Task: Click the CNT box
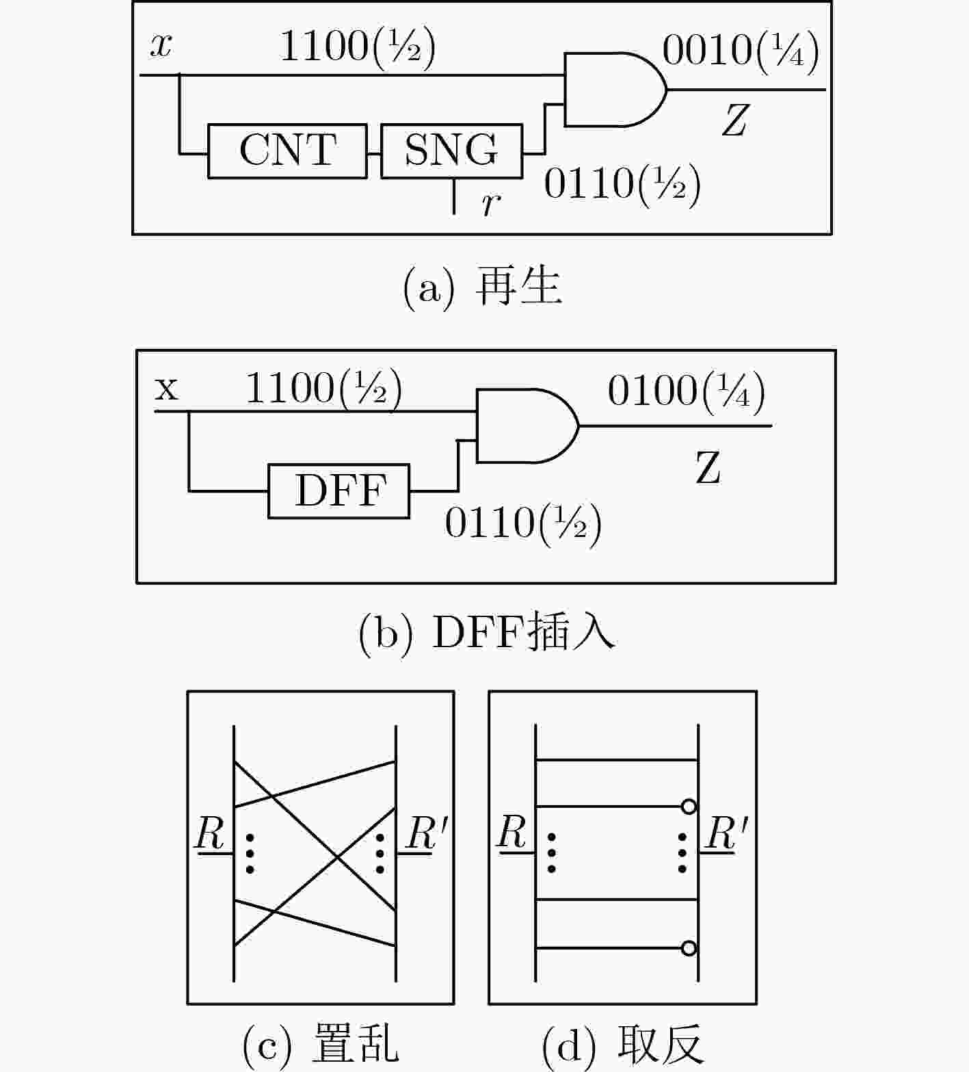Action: pos(287,151)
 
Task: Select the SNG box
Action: pos(451,151)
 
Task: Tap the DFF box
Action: pos(339,491)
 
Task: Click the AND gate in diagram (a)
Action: pos(615,90)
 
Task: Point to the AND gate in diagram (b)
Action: pos(527,426)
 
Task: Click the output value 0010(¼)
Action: pos(741,51)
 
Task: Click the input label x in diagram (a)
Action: pos(161,46)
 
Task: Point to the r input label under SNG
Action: pos(490,203)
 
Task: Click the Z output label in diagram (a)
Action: pos(734,120)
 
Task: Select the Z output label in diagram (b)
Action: pos(708,469)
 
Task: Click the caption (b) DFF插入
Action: pos(487,632)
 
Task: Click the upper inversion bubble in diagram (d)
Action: pos(689,807)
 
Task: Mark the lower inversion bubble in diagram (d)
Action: pos(689,948)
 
